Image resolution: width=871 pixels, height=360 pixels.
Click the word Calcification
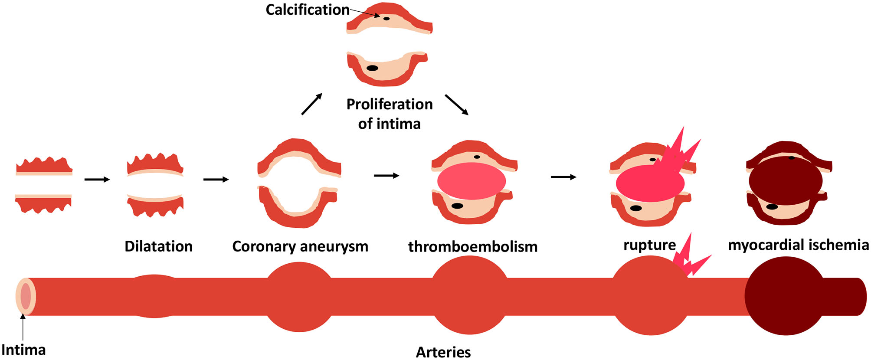(307, 10)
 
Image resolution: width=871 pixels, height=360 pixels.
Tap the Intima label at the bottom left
(23, 350)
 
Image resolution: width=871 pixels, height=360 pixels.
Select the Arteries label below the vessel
(443, 352)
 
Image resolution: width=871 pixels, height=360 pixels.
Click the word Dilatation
(158, 246)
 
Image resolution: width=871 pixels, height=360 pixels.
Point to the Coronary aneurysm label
(300, 246)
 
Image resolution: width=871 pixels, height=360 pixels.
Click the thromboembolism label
(473, 246)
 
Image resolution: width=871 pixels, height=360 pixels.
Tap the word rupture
(649, 245)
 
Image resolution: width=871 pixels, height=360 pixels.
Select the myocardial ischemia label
(798, 245)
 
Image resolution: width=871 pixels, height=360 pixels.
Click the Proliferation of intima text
(389, 114)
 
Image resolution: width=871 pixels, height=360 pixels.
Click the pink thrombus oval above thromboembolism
(472, 181)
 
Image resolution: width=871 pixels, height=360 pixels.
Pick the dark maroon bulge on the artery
(785, 296)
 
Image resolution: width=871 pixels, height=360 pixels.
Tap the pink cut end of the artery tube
(26, 296)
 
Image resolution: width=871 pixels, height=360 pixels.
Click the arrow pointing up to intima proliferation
(312, 104)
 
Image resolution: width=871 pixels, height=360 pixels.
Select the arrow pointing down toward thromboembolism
(457, 105)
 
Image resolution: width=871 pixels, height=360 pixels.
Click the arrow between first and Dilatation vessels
(97, 179)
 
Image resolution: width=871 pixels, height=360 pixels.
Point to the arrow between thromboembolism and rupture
(563, 177)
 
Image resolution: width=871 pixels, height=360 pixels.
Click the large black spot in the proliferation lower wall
(372, 68)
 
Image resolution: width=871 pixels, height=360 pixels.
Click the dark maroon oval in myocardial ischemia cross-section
(785, 180)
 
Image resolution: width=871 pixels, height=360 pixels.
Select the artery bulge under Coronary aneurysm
(299, 297)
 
